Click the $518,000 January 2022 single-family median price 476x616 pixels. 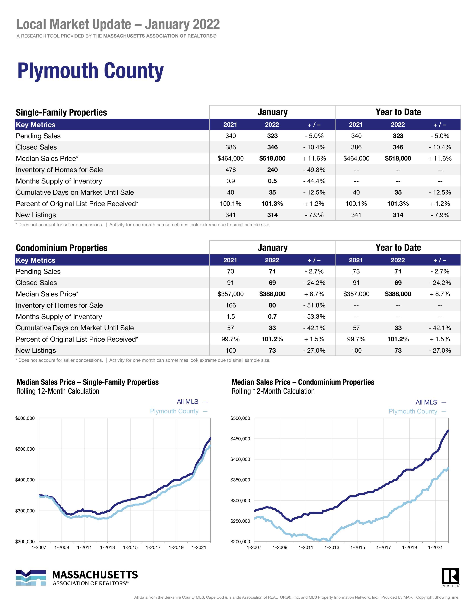pos(272,158)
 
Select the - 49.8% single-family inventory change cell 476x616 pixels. pos(314,170)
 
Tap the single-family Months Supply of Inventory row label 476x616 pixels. pos(59,181)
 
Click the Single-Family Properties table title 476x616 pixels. pos(61,113)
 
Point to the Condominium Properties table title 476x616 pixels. pos(61,248)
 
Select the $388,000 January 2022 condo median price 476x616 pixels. pos(272,294)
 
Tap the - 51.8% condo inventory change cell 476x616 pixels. pos(314,305)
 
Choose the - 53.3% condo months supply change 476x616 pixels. pos(314,316)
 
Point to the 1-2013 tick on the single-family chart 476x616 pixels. pos(108,547)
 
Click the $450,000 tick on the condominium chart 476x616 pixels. pos(240,439)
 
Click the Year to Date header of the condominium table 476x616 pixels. pos(398,248)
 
